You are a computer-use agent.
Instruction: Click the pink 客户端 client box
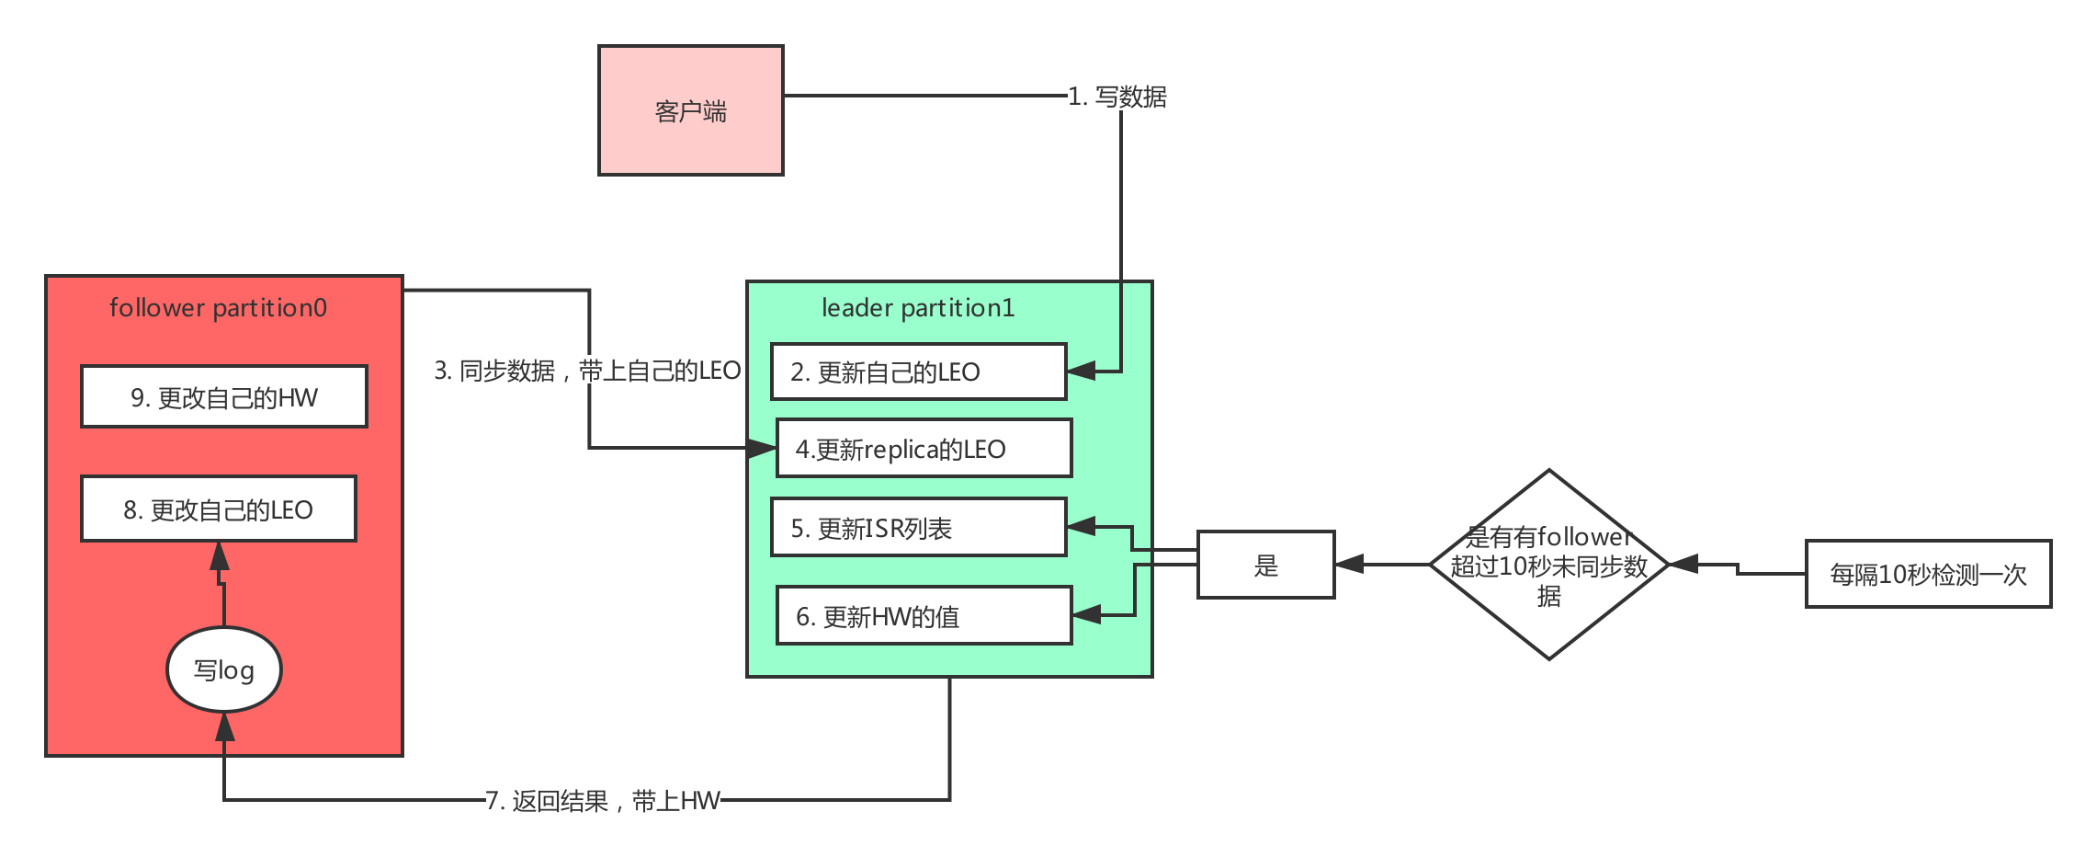(690, 110)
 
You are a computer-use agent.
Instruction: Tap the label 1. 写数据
(1117, 97)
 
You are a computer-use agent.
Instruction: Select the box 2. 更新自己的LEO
(917, 372)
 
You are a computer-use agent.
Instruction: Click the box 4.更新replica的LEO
(924, 449)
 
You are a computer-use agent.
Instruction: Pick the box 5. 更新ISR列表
(917, 528)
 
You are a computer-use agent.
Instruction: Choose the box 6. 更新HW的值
(924, 616)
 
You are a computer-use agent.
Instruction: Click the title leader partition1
(917, 308)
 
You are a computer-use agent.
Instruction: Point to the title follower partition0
(218, 308)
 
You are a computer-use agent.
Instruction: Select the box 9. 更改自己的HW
(223, 397)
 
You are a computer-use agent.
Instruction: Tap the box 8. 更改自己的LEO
(218, 509)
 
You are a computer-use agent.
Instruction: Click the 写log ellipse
(223, 669)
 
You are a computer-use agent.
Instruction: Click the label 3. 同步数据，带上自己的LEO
(587, 371)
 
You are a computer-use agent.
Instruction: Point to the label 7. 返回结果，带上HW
(602, 801)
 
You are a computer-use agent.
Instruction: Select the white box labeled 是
(1265, 566)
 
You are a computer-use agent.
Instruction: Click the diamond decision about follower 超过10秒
(1548, 566)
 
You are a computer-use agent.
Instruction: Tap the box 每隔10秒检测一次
(1927, 575)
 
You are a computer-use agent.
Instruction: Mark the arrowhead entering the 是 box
(1349, 565)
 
